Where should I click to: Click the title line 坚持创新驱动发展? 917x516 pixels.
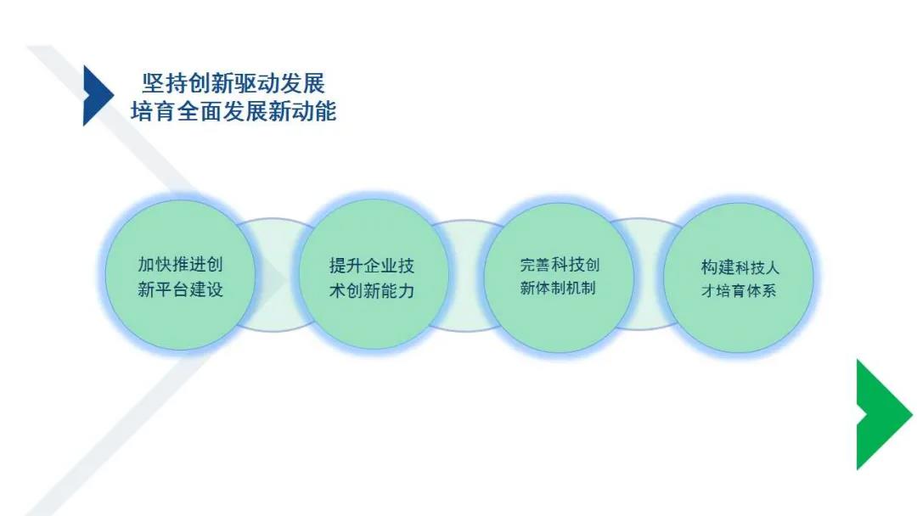pyautogui.click(x=233, y=83)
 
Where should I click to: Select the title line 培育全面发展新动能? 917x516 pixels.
pyautogui.click(x=233, y=111)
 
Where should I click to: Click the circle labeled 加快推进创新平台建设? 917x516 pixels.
pyautogui.click(x=180, y=275)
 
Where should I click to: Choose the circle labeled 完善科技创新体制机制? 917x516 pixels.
pyautogui.click(x=559, y=277)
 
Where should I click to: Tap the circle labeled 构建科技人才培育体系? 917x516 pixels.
pyautogui.click(x=740, y=278)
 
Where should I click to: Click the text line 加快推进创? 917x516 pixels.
pyautogui.click(x=180, y=264)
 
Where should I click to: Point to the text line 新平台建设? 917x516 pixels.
pyautogui.click(x=180, y=289)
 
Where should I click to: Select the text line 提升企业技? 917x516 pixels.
pyautogui.click(x=372, y=266)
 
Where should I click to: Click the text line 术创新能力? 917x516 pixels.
pyautogui.click(x=372, y=290)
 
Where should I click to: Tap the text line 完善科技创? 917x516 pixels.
pyautogui.click(x=560, y=265)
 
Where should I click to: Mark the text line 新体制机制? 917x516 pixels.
pyautogui.click(x=558, y=288)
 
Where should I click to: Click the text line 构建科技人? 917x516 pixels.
pyautogui.click(x=740, y=267)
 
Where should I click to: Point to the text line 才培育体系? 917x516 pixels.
pyautogui.click(x=739, y=290)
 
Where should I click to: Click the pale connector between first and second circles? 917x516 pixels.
pyautogui.click(x=276, y=275)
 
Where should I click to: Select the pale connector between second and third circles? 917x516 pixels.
pyautogui.click(x=466, y=276)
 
